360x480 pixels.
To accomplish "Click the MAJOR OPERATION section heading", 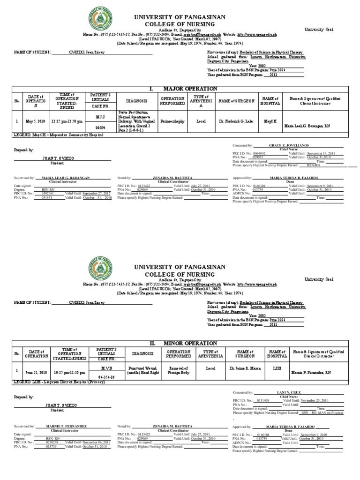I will (x=183, y=89).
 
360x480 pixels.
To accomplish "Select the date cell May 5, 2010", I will (x=35, y=121).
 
